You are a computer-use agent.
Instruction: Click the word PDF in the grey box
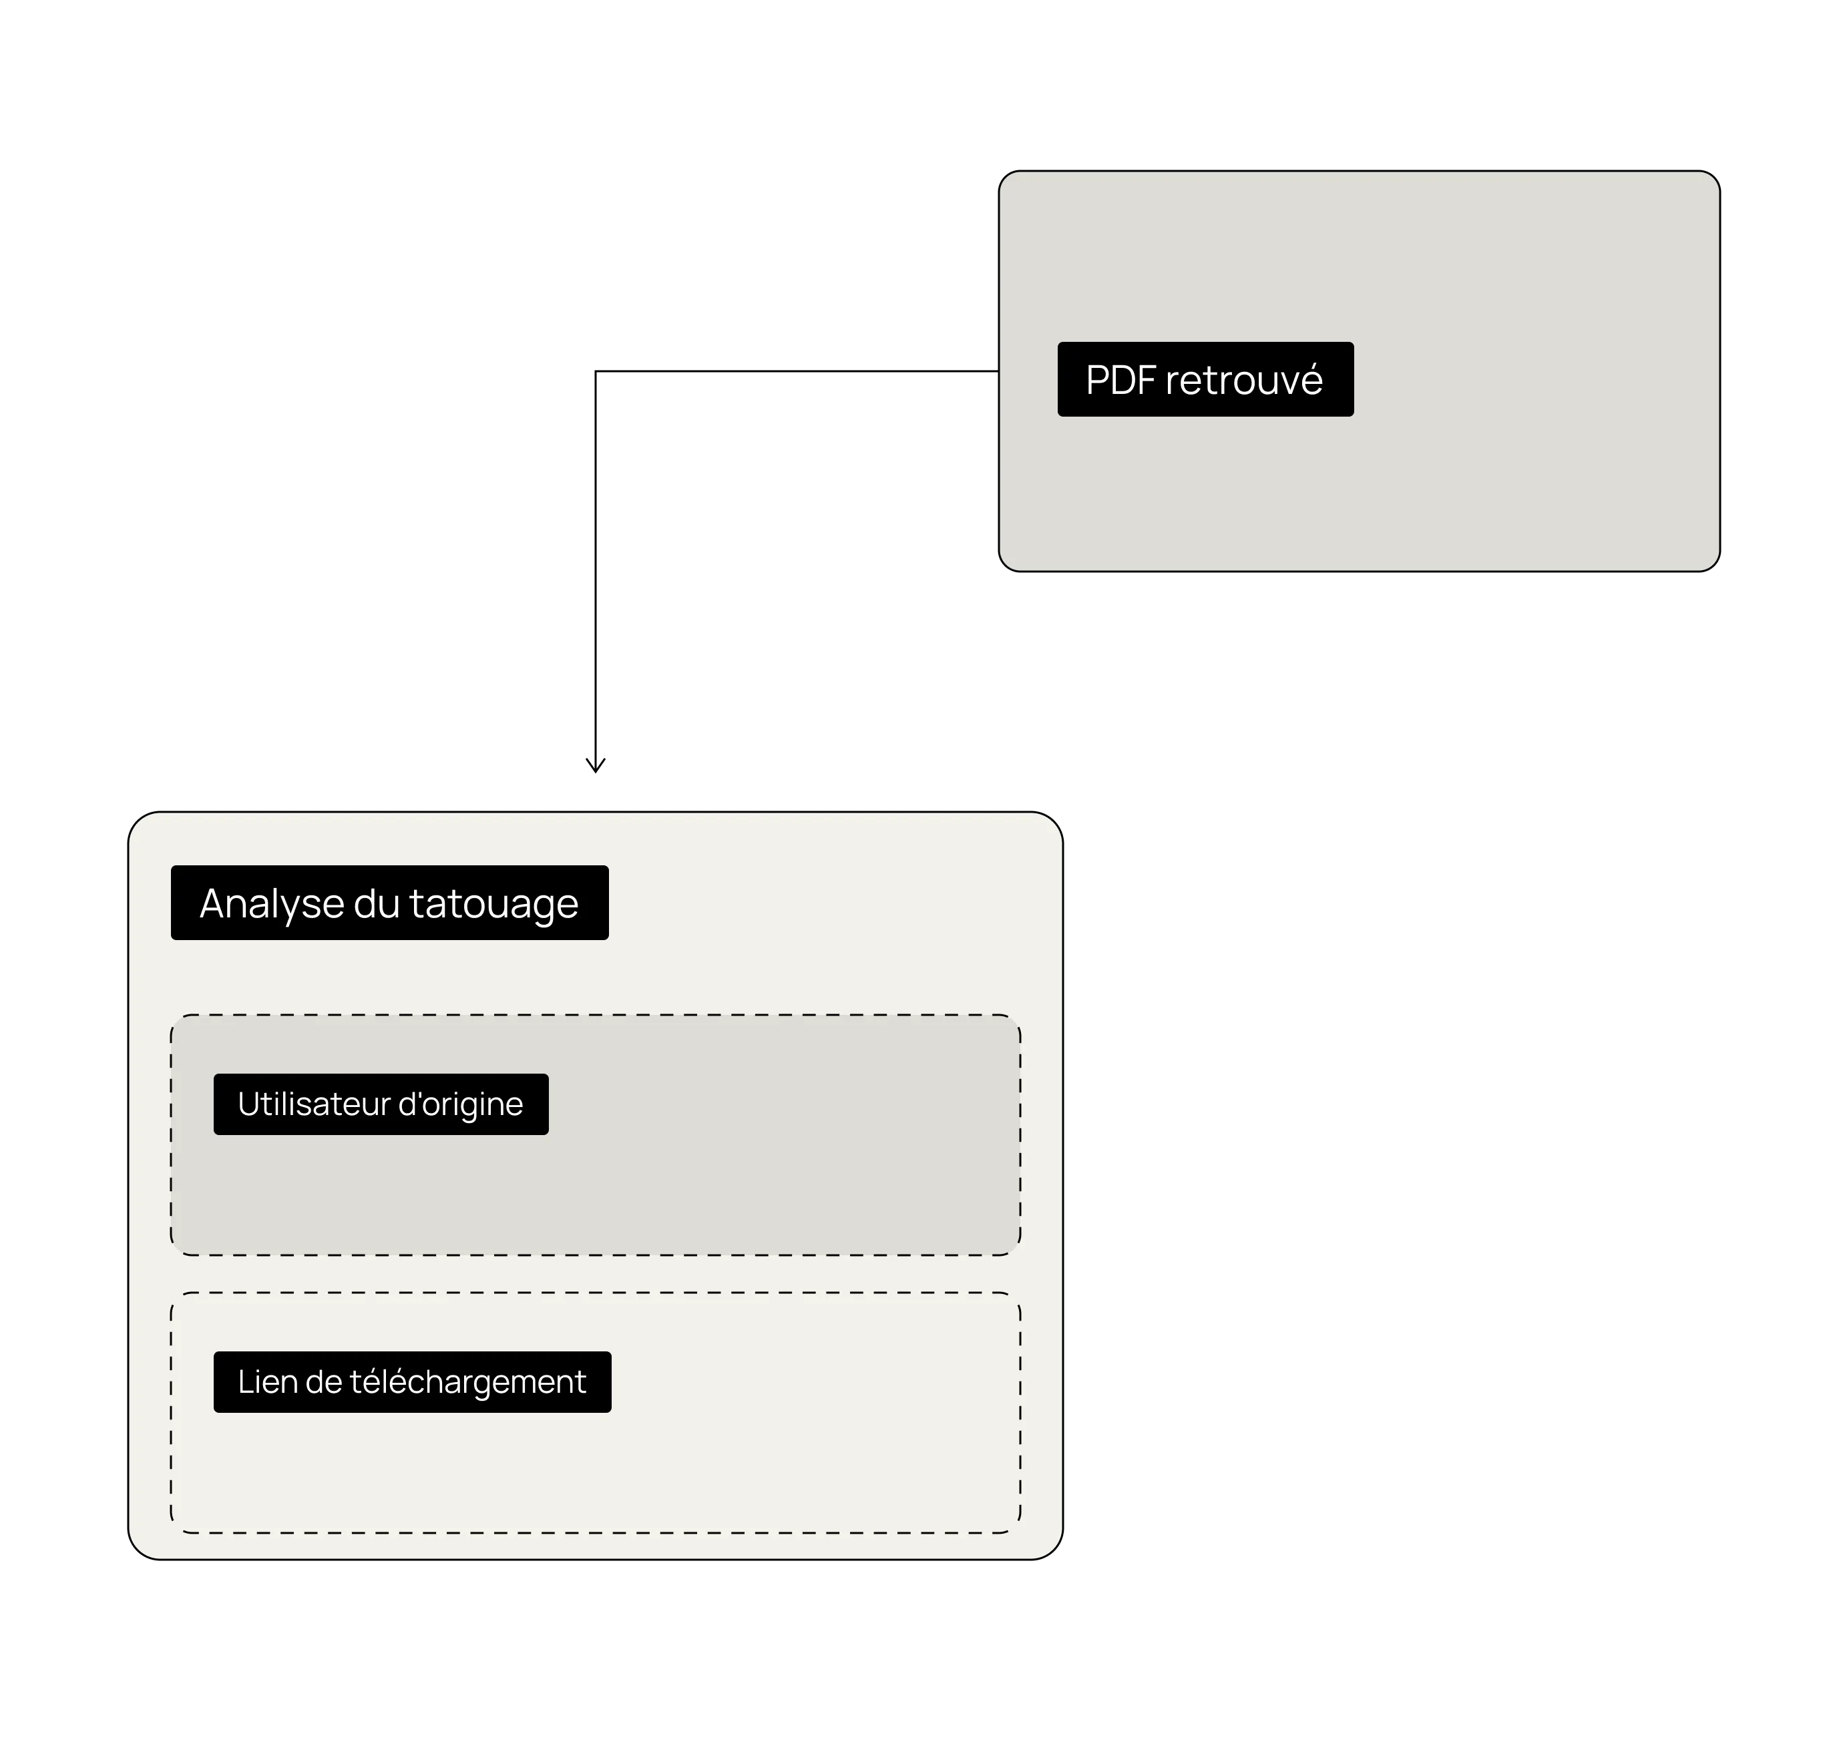[1121, 380]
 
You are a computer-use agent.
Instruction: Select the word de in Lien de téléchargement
[323, 1382]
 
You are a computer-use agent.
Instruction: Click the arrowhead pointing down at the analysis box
[596, 766]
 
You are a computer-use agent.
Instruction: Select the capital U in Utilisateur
[248, 1104]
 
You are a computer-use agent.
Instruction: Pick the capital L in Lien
[246, 1382]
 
